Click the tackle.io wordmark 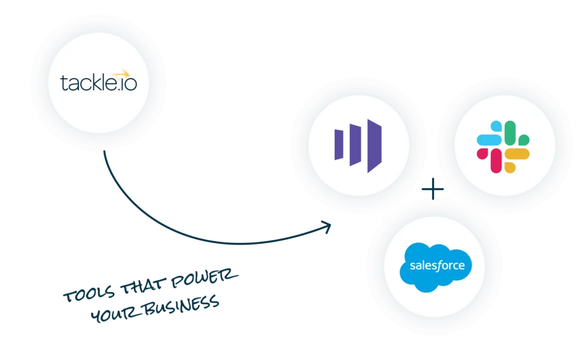click(x=98, y=84)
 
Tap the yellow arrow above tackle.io click(x=121, y=73)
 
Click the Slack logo click(x=503, y=146)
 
